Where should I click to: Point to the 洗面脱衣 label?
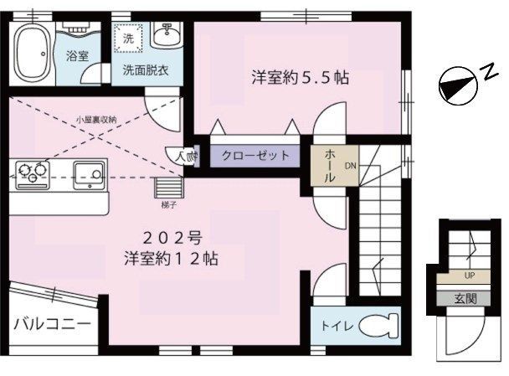[x=146, y=71]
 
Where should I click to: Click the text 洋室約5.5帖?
[x=301, y=78]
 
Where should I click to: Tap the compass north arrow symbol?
[x=455, y=83]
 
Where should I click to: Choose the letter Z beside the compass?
[x=486, y=72]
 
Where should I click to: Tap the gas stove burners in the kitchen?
[x=31, y=173]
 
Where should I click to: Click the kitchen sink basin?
[x=87, y=175]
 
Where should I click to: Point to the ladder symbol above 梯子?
[x=168, y=186]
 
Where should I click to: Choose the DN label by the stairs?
[x=350, y=165]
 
